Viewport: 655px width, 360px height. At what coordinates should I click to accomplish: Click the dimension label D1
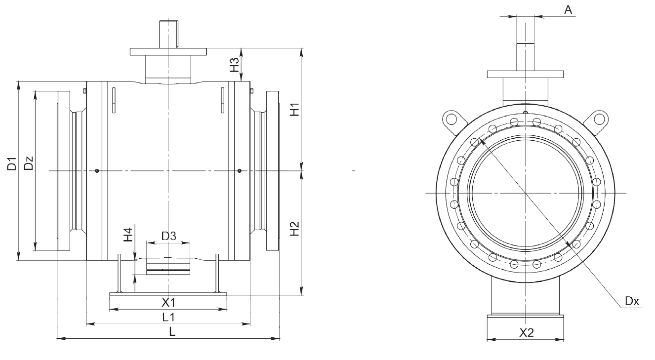[12, 164]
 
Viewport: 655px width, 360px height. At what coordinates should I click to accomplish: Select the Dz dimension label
[29, 163]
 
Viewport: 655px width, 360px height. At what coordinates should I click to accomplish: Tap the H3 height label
[234, 64]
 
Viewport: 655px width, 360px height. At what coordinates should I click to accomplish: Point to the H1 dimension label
[295, 109]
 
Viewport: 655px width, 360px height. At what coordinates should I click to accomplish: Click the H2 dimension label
[295, 229]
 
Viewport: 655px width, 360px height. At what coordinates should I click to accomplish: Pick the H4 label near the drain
[128, 235]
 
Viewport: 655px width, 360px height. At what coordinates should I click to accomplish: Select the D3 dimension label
[169, 236]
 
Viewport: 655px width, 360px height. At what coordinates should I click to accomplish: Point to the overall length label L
[172, 331]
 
